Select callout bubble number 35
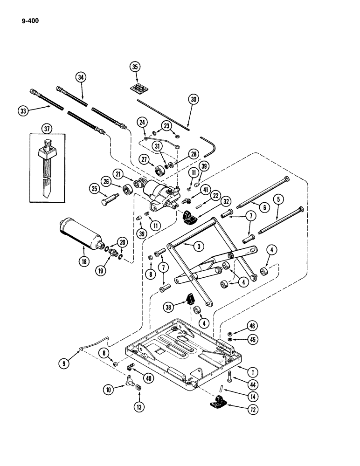coord(135,67)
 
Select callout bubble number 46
coord(252,325)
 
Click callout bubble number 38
coord(170,306)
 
